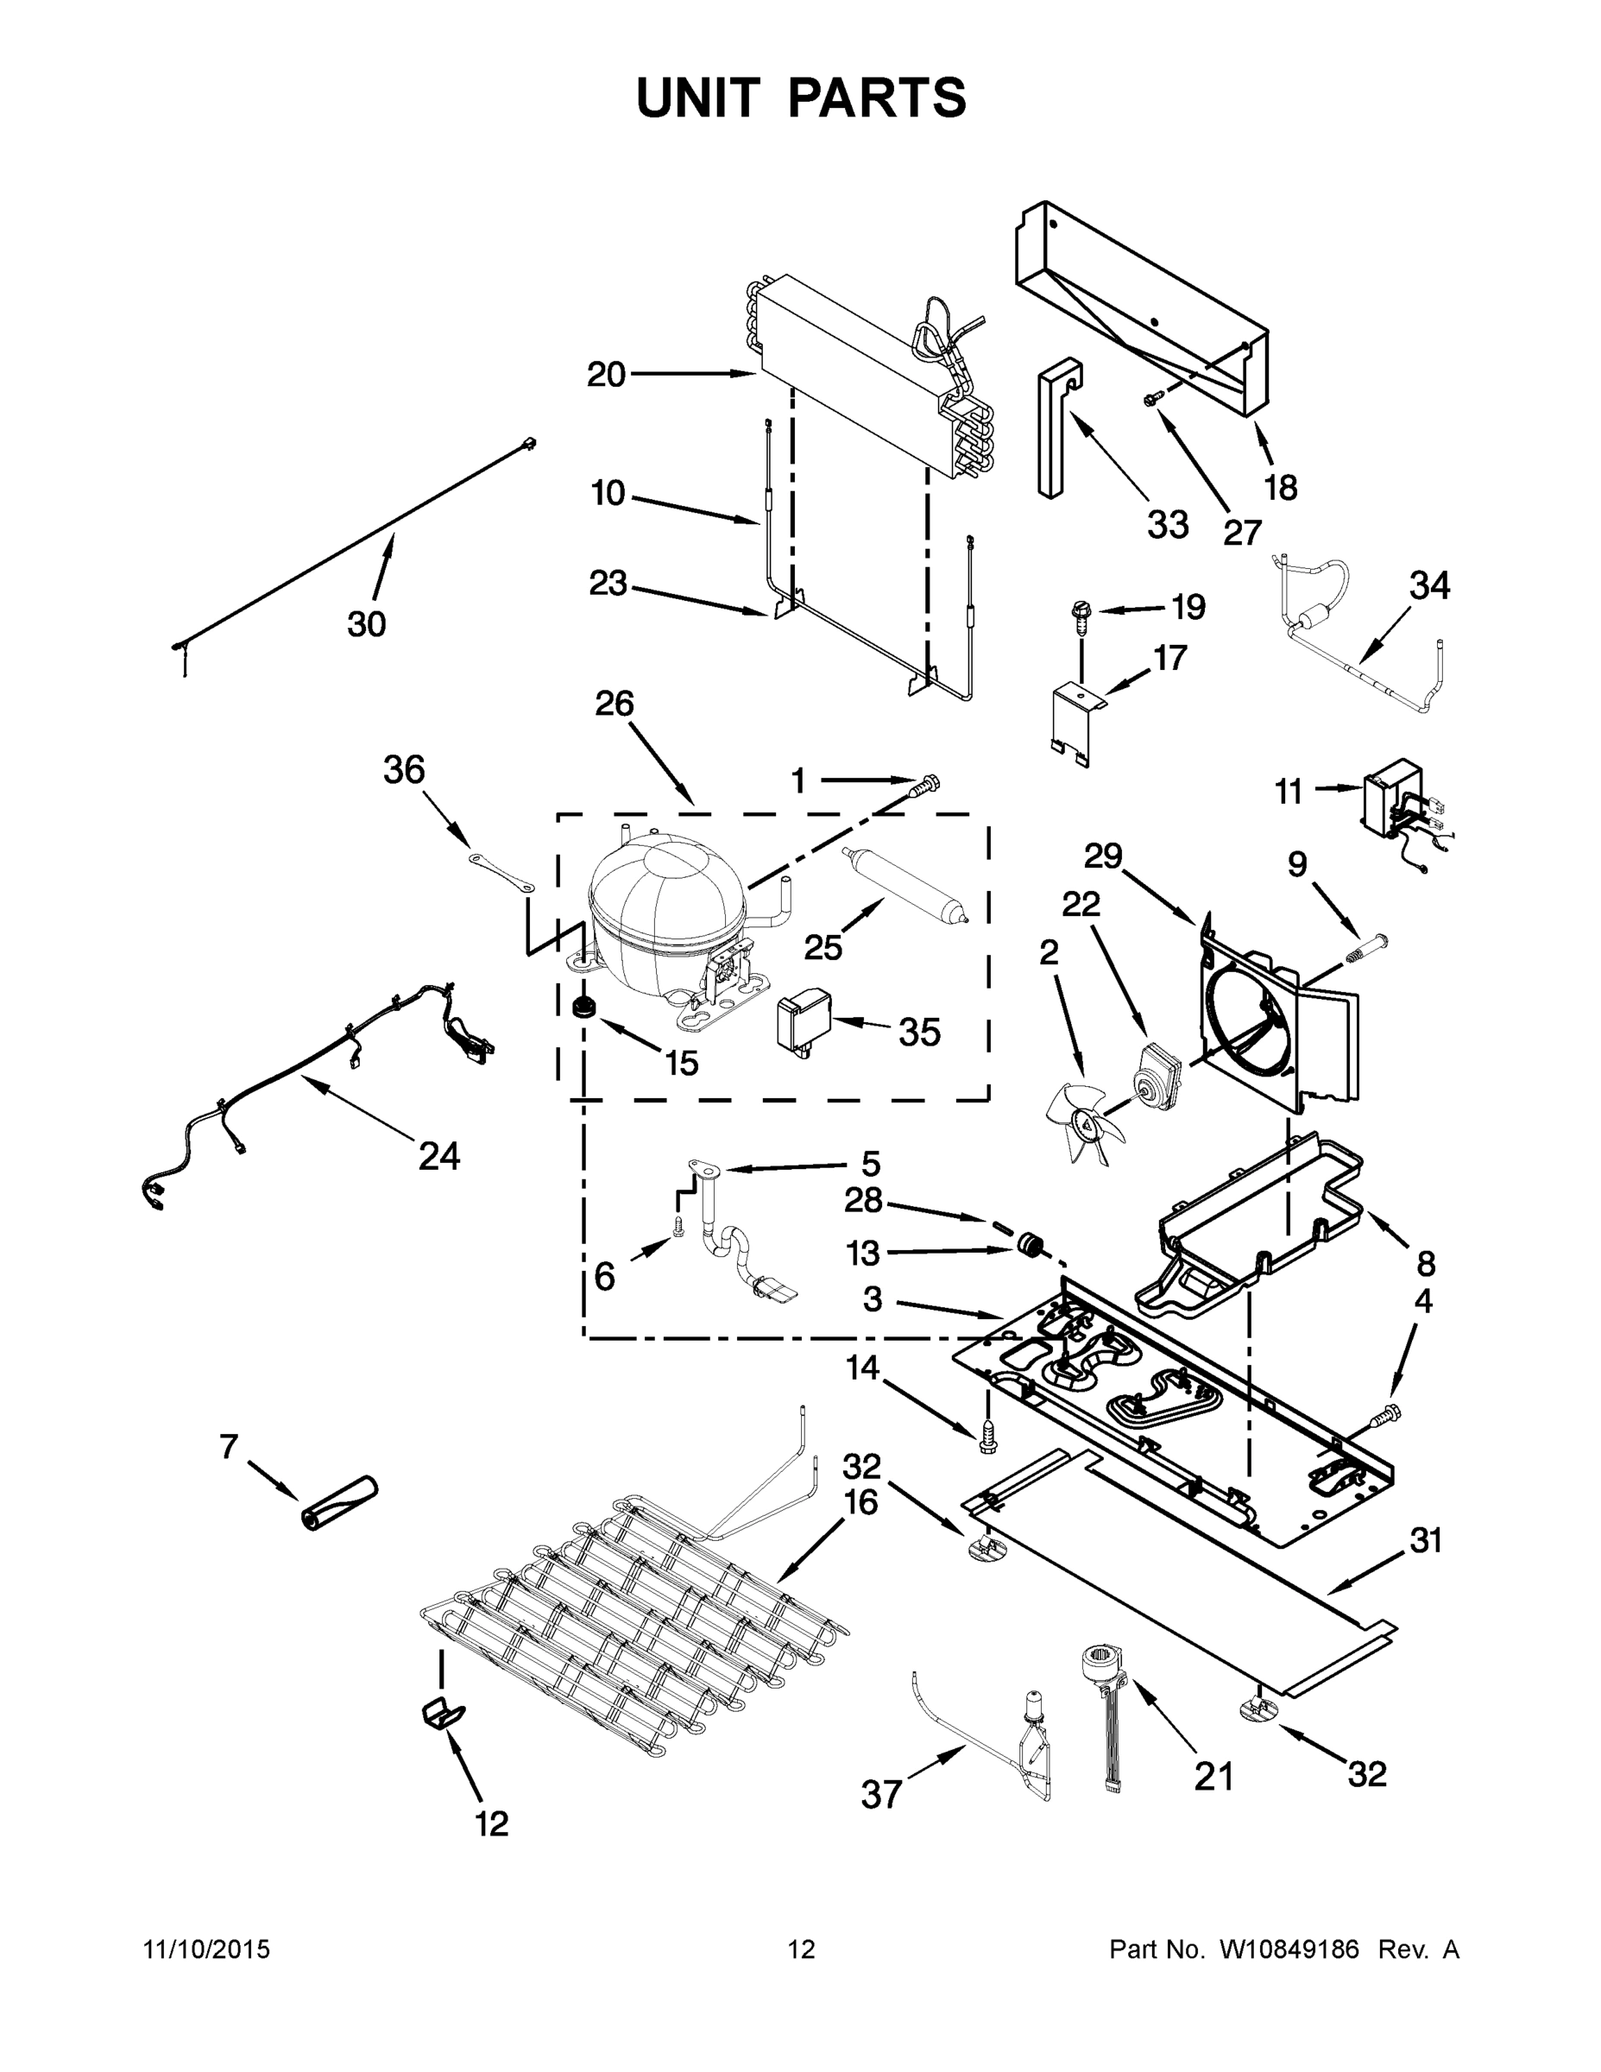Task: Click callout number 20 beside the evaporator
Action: point(606,375)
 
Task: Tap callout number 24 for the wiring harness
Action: point(439,1155)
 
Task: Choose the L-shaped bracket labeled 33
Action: point(1056,427)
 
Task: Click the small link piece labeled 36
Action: point(501,871)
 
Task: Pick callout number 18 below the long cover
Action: point(1281,488)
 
